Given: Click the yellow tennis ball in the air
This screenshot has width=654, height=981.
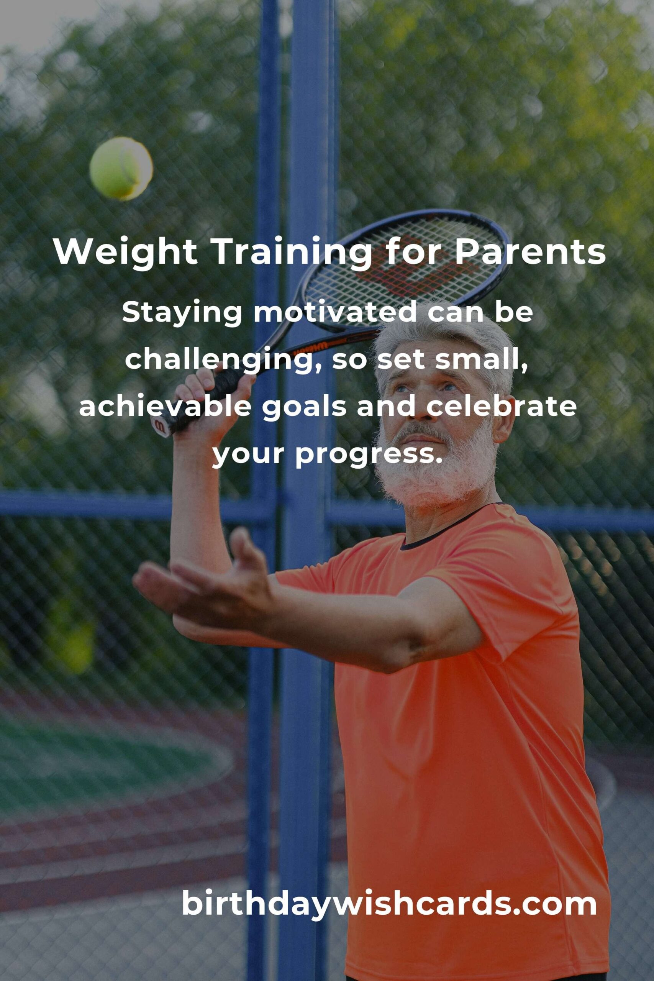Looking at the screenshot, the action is click(121, 169).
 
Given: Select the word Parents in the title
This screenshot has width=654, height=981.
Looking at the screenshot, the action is click(530, 253).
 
